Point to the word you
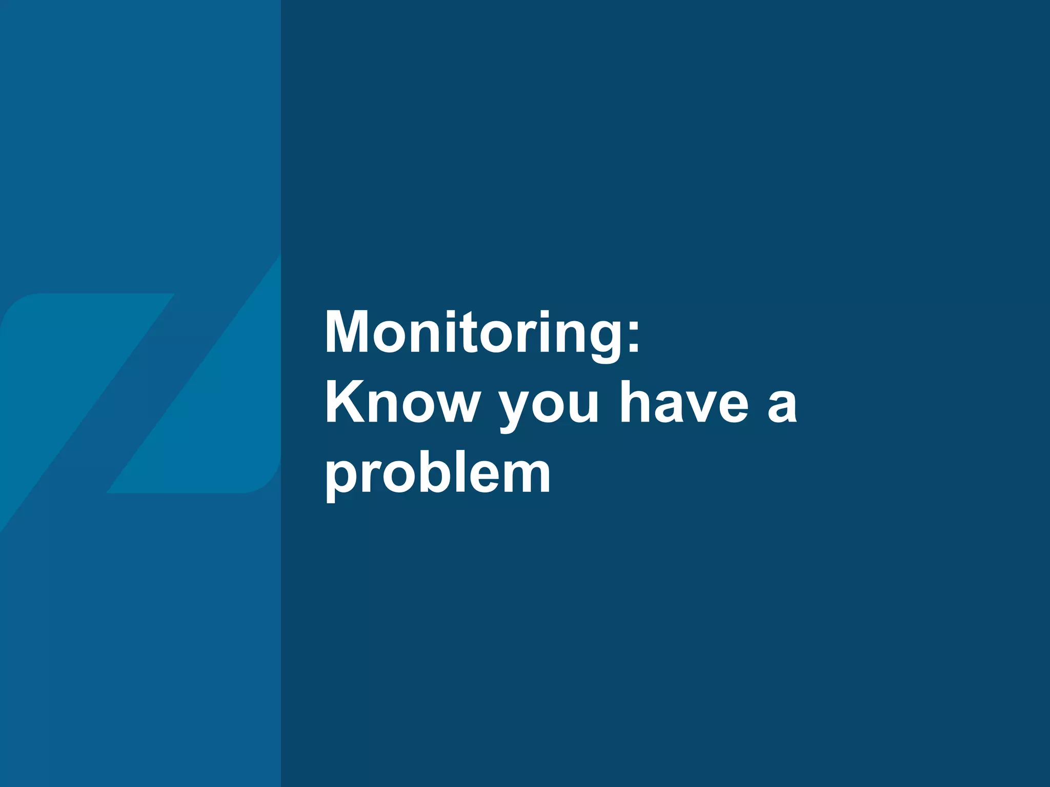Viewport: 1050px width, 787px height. click(x=549, y=407)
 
